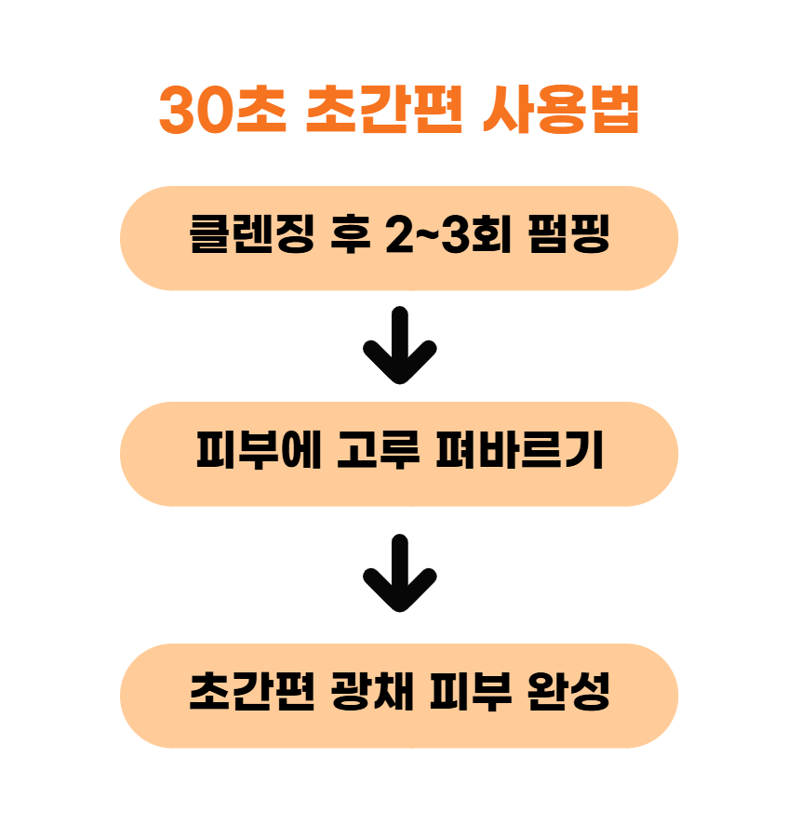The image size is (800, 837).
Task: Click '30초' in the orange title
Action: tap(223, 110)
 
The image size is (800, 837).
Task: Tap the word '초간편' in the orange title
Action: tap(384, 110)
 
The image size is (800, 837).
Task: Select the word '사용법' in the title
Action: tap(561, 110)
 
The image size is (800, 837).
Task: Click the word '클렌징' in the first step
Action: tap(252, 233)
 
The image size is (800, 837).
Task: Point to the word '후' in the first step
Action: tap(351, 233)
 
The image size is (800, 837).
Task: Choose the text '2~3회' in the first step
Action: tap(448, 233)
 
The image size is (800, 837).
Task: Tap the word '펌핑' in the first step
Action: tap(568, 233)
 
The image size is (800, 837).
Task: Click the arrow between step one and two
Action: tap(399, 345)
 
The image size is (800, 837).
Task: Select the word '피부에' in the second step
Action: tap(259, 450)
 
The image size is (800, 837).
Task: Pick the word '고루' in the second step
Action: tap(378, 450)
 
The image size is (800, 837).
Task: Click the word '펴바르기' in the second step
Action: tap(520, 450)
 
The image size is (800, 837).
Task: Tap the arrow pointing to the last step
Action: tap(399, 573)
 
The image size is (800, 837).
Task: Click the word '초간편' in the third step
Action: tap(252, 691)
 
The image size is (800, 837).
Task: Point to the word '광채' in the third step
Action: tap(373, 691)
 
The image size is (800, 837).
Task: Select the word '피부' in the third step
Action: tap(471, 691)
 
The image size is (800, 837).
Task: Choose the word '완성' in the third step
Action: tap(568, 691)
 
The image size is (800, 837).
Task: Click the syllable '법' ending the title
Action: tap(615, 110)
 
